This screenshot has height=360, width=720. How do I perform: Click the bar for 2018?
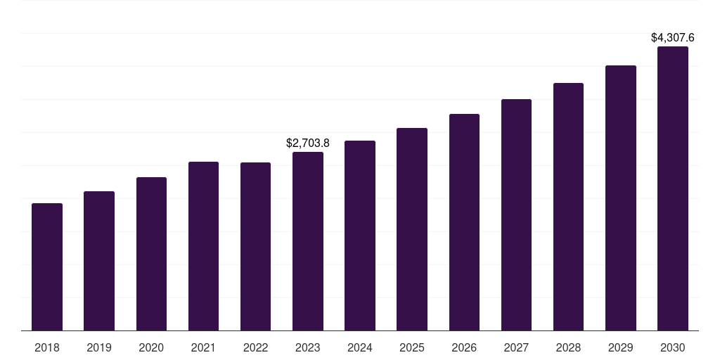coord(47,267)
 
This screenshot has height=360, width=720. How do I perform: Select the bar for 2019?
coord(99,261)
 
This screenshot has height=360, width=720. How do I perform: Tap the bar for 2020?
coord(151,254)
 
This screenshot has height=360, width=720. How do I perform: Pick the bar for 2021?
coord(203,246)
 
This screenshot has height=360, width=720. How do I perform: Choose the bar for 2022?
coord(255,247)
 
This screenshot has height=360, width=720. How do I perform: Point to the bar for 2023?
coord(308,241)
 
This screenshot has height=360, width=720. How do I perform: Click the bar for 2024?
coord(360,236)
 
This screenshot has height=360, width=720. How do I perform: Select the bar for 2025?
coord(412,229)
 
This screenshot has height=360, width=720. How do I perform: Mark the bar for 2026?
coord(464,222)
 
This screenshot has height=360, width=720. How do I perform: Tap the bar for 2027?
coord(516,215)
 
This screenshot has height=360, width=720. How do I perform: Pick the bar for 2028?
coord(568,207)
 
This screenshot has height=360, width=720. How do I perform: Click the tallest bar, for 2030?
coord(673,188)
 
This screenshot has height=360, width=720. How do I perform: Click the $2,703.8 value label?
coord(308,143)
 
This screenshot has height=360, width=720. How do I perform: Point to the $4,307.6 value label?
coord(673,37)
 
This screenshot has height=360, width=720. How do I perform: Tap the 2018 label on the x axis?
coord(47,347)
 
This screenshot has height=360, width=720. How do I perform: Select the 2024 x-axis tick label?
coord(360,347)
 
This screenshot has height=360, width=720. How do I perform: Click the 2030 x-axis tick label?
coord(673,347)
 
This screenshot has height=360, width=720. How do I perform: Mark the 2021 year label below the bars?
coord(203,347)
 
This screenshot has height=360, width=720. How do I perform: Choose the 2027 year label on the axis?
coord(516,347)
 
